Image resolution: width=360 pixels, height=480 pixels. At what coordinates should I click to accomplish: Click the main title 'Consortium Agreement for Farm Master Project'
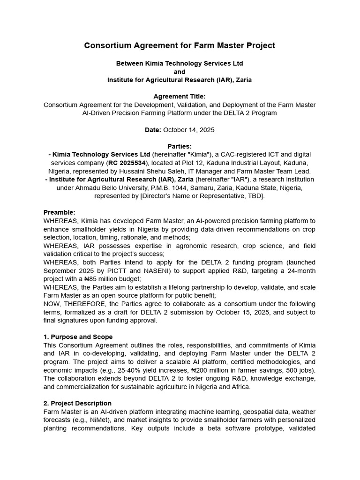point(180,45)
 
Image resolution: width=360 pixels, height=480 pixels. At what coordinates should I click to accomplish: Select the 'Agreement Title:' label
point(180,97)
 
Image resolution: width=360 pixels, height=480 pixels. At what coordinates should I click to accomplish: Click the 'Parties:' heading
point(180,146)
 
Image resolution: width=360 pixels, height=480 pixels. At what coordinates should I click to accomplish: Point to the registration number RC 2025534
point(127,163)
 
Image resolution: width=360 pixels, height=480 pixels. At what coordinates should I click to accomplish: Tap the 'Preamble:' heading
point(60,212)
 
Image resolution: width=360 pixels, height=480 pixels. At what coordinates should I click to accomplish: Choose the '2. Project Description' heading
point(77,403)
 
